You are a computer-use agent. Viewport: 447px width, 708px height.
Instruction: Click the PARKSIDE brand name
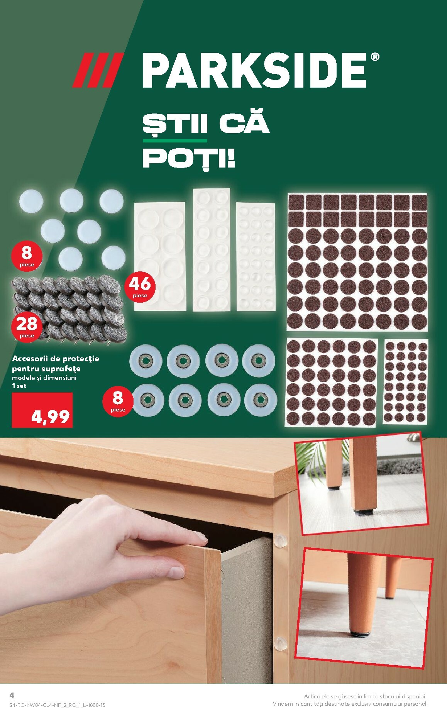tap(255, 71)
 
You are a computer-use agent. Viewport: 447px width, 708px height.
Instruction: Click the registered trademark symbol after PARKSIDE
tap(375, 57)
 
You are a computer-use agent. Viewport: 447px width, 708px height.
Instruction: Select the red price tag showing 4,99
tap(42, 410)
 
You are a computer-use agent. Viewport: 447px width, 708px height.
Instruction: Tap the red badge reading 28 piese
tap(27, 326)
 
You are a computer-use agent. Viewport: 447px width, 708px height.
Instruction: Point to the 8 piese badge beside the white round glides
tap(27, 256)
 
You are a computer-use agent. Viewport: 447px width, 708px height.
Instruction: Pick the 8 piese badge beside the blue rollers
tap(118, 401)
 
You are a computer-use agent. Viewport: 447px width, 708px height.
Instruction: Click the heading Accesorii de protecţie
tap(56, 358)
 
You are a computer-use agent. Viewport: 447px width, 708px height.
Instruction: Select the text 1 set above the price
tap(19, 386)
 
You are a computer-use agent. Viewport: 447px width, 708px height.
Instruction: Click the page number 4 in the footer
tap(12, 695)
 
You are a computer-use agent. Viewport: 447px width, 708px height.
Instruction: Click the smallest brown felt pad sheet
tap(406, 381)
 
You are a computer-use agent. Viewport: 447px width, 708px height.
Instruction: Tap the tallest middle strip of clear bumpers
tap(211, 250)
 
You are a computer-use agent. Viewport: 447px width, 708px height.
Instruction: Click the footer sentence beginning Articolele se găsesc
tap(366, 696)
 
